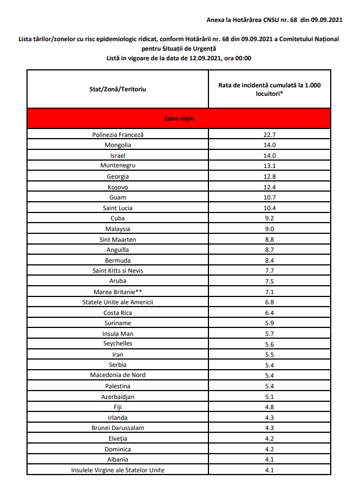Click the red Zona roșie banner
tap(177, 118)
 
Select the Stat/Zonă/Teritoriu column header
tap(118, 89)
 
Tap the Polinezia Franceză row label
tap(118, 135)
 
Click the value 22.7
tap(270, 135)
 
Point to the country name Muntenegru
tap(118, 166)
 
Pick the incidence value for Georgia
tap(270, 176)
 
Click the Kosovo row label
tap(118, 187)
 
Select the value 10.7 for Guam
tap(270, 197)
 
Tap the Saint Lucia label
tap(118, 208)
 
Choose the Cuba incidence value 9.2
tap(270, 218)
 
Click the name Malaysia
tap(118, 229)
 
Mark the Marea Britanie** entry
tap(118, 292)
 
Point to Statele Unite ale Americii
tap(118, 302)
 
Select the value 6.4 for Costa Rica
tap(270, 313)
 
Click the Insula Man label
tap(118, 334)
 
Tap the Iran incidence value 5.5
tap(270, 354)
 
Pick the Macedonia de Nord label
tap(118, 375)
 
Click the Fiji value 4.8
tap(270, 407)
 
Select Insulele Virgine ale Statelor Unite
tap(118, 470)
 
